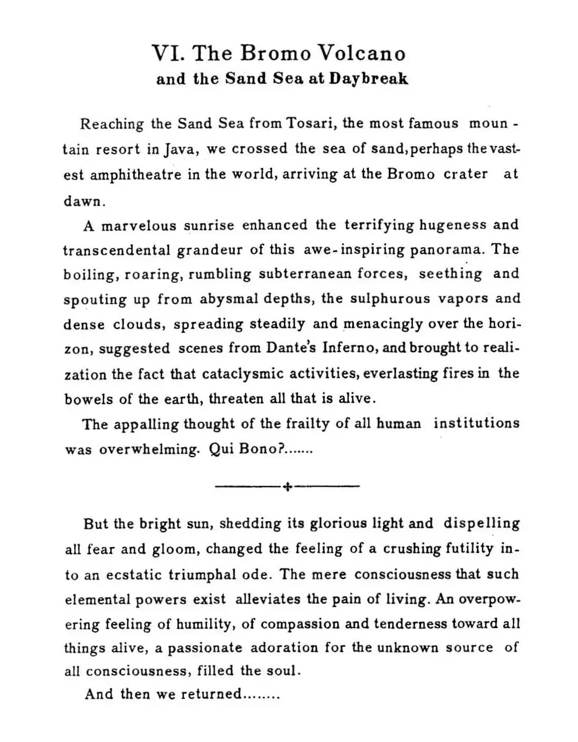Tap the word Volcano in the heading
coord(361,53)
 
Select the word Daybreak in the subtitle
coord(369,79)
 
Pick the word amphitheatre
coord(135,175)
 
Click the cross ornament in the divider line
coord(287,487)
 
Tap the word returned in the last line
coord(211,694)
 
